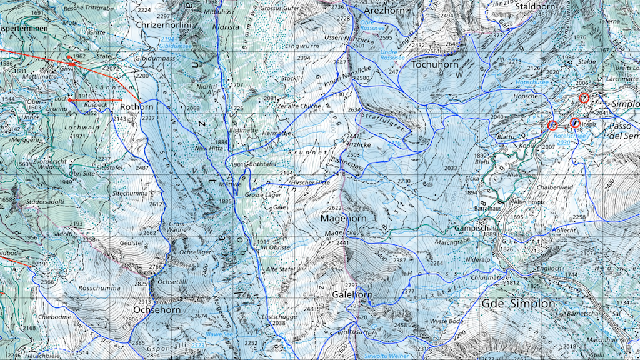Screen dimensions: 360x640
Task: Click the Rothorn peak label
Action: click(x=137, y=107)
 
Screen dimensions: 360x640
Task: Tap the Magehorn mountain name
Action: click(x=342, y=219)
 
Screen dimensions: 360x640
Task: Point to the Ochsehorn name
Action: click(x=157, y=309)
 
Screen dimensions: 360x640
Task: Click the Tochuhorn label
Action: click(x=436, y=64)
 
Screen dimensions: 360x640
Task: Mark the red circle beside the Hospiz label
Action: click(x=575, y=122)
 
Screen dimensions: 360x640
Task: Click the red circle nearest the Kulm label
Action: click(x=584, y=98)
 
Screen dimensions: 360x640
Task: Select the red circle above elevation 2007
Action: click(x=552, y=126)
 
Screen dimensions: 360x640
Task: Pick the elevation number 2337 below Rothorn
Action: click(x=148, y=117)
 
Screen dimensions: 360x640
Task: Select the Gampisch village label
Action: click(x=471, y=228)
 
